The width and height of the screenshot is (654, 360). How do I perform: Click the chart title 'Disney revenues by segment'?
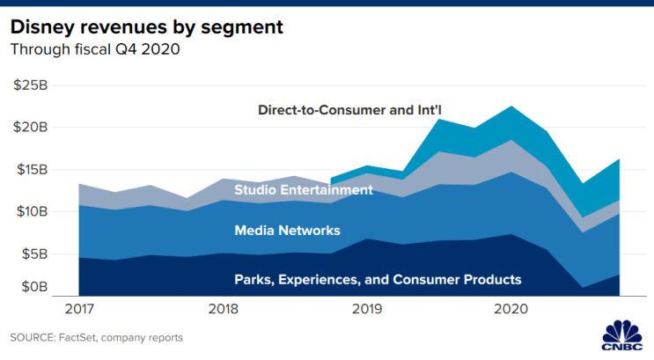pos(146,26)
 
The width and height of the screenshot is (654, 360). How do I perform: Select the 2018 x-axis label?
pos(224,309)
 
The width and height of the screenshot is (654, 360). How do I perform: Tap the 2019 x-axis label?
pos(368,309)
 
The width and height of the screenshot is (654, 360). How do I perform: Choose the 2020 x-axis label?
pos(511,309)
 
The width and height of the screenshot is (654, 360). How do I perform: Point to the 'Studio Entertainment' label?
pos(304,189)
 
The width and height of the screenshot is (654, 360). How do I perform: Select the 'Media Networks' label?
pos(287,231)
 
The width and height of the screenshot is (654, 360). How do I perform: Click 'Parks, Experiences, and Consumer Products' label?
pos(378,279)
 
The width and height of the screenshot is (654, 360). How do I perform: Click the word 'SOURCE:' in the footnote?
pos(33,337)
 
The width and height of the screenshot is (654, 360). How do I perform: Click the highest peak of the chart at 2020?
pos(511,107)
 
